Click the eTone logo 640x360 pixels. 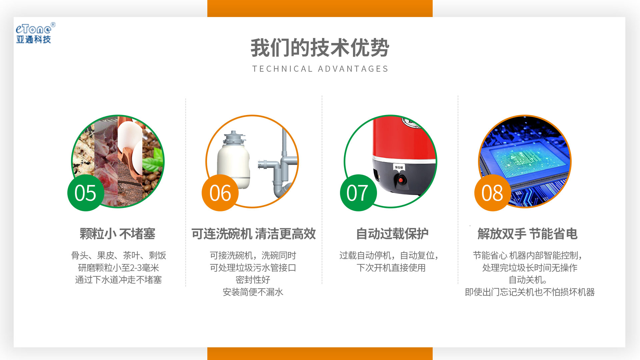(x=35, y=33)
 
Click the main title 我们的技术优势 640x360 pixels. (x=320, y=48)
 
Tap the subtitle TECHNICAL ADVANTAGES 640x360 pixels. (x=320, y=69)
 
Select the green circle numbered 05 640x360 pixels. (x=86, y=193)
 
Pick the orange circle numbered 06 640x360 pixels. (x=220, y=193)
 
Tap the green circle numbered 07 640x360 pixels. (x=358, y=193)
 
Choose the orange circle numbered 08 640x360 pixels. (x=493, y=193)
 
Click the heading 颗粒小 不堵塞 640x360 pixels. (x=118, y=234)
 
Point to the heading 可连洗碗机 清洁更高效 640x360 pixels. (x=254, y=234)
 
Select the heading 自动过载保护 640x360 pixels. (x=392, y=234)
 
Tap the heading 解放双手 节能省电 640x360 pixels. (x=527, y=234)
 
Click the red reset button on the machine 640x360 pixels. (x=400, y=180)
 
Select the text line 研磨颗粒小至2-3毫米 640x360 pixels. (x=118, y=268)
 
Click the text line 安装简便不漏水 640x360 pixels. (x=253, y=292)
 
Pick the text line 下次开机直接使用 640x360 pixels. (x=391, y=268)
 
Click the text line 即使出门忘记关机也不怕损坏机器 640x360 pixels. (x=530, y=292)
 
